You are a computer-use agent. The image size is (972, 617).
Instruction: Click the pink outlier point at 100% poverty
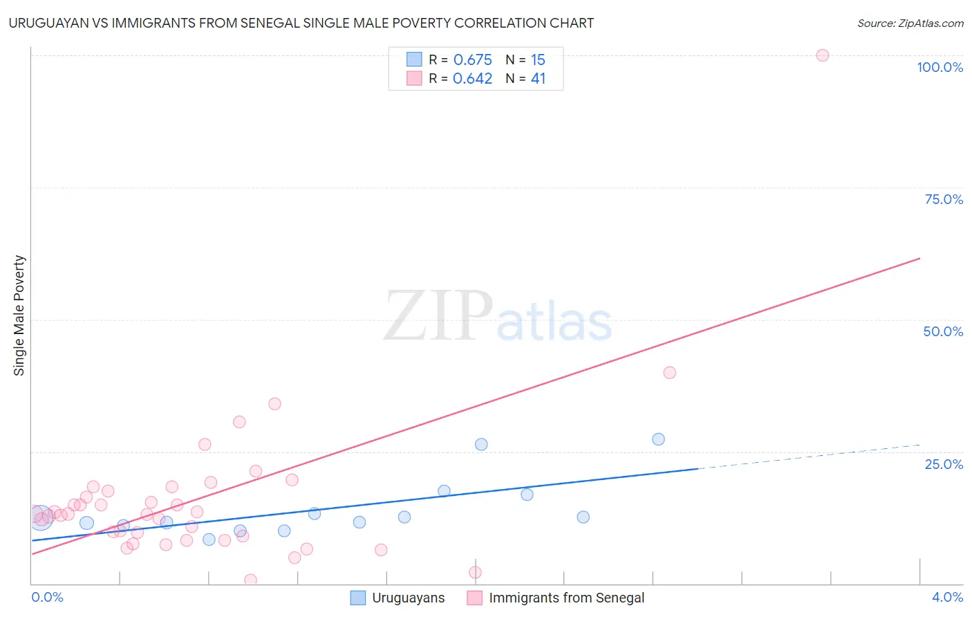point(822,55)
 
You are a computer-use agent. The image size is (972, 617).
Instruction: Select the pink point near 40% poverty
point(669,372)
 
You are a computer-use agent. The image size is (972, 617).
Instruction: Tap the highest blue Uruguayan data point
point(658,439)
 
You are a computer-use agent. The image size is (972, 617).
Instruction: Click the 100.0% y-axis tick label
point(940,67)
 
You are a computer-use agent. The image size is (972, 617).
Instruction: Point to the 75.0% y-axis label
point(944,199)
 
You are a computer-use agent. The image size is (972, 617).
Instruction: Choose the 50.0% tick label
point(943,331)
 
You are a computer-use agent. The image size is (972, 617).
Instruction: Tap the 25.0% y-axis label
point(944,463)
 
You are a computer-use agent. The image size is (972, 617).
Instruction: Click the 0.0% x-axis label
point(47,597)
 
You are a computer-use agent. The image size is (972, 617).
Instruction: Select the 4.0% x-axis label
point(947,597)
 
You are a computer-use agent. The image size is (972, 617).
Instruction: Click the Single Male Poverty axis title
point(19,315)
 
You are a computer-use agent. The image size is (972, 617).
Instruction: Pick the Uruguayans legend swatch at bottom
point(357,598)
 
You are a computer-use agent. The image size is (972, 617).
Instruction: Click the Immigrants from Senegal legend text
point(566,598)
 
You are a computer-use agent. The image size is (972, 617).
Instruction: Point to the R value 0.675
point(473,60)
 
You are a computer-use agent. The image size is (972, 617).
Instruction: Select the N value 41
point(538,79)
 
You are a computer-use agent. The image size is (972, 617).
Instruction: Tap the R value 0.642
point(473,79)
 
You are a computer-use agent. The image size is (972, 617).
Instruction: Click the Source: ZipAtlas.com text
point(910,24)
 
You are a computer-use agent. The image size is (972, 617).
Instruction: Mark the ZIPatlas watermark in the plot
point(498,316)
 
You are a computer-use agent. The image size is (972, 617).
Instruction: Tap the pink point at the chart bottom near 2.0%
point(475,572)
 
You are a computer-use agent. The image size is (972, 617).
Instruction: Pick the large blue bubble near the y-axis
point(40,517)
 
